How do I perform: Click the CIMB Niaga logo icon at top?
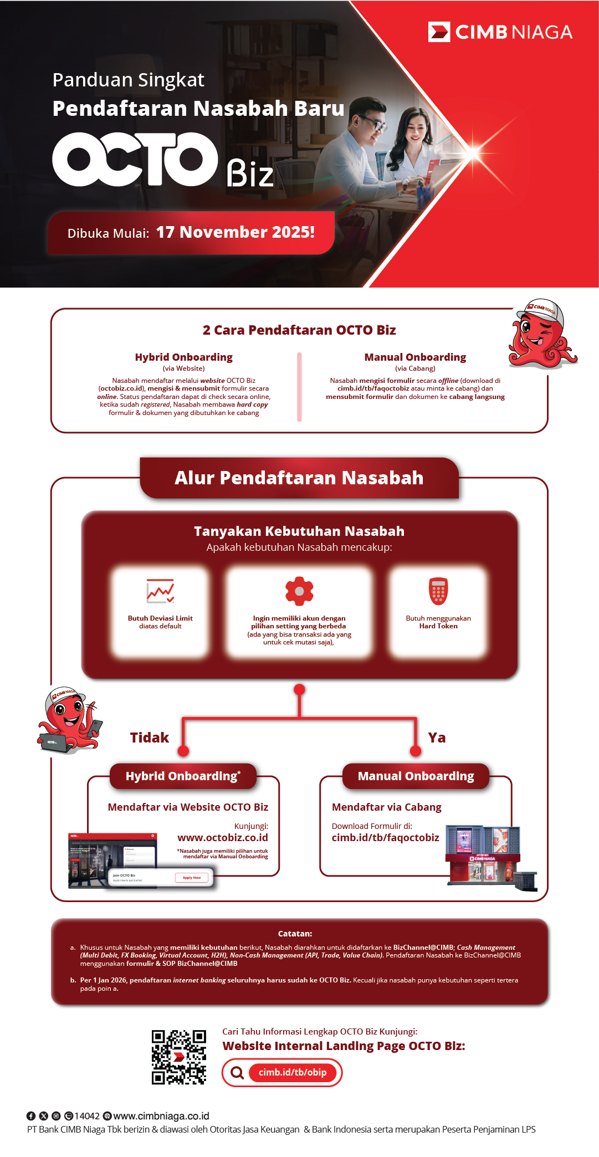point(439,32)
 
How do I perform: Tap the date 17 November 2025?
point(235,232)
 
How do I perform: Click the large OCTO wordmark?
point(135,160)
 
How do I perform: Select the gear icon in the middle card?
point(299,591)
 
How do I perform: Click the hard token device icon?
point(438,591)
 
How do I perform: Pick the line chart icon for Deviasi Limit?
point(160,591)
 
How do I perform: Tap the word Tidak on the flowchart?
point(149,738)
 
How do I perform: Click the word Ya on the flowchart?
point(437,738)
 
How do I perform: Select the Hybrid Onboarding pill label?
point(183,776)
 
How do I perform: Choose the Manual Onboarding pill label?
point(416,776)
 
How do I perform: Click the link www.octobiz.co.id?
point(223,837)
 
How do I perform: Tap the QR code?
point(179,1057)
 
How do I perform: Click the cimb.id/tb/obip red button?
point(293,1073)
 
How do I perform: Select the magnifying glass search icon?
point(237,1073)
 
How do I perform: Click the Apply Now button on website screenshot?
point(192,878)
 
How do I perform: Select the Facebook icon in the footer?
point(31,1116)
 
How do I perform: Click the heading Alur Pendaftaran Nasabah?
point(299,478)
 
